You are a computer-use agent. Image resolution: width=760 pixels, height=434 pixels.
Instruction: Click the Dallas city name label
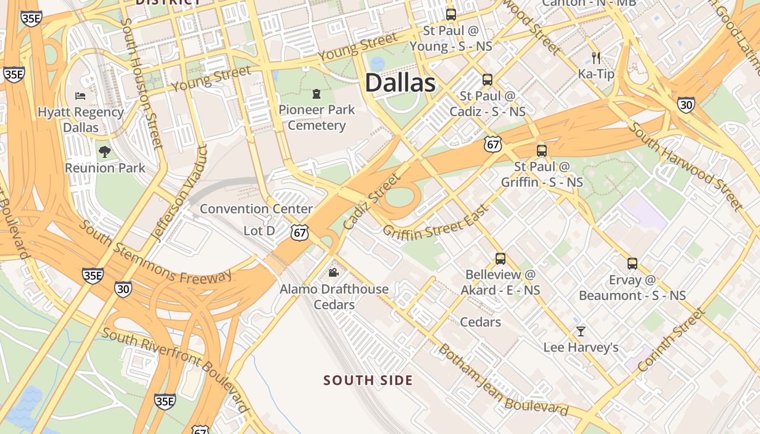pyautogui.click(x=400, y=83)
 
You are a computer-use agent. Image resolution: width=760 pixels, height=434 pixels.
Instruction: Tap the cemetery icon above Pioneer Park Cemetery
pyautogui.click(x=316, y=94)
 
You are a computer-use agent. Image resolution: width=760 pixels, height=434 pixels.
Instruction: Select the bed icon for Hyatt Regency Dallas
pyautogui.click(x=80, y=96)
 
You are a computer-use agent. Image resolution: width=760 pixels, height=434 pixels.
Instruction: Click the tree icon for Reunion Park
pyautogui.click(x=105, y=152)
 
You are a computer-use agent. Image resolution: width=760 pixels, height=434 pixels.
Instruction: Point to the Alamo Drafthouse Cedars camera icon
pyautogui.click(x=334, y=272)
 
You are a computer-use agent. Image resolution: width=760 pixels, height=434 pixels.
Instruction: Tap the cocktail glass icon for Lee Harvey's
pyautogui.click(x=581, y=331)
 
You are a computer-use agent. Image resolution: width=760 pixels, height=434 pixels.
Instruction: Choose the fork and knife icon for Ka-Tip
pyautogui.click(x=596, y=58)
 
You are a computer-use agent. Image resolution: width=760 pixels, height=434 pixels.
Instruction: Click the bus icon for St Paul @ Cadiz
pyautogui.click(x=487, y=80)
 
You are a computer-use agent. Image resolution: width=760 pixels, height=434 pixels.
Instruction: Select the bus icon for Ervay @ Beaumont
pyautogui.click(x=632, y=264)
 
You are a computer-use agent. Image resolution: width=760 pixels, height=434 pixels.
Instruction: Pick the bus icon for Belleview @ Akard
pyautogui.click(x=501, y=259)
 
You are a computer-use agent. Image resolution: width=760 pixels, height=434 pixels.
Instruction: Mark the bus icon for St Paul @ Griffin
pyautogui.click(x=542, y=151)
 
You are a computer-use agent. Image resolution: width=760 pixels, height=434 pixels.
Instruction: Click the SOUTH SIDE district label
pyautogui.click(x=368, y=380)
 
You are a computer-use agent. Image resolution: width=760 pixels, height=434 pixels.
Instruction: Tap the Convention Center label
pyautogui.click(x=256, y=209)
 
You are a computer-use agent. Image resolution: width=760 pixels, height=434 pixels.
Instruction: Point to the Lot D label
pyautogui.click(x=259, y=231)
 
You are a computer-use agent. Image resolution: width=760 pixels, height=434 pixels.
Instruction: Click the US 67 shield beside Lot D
pyautogui.click(x=299, y=233)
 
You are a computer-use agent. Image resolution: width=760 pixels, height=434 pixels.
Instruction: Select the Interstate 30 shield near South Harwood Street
pyautogui.click(x=686, y=105)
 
